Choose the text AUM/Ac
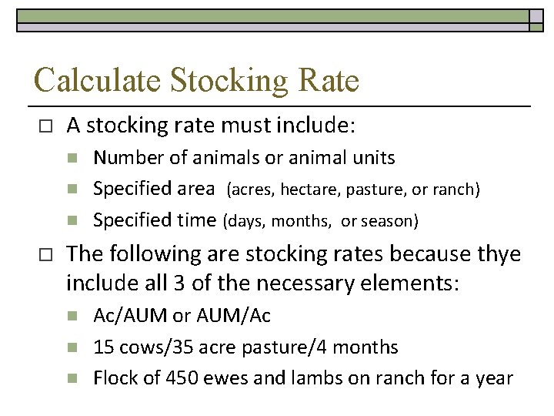coord(222,316)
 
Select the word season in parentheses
coord(392,221)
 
